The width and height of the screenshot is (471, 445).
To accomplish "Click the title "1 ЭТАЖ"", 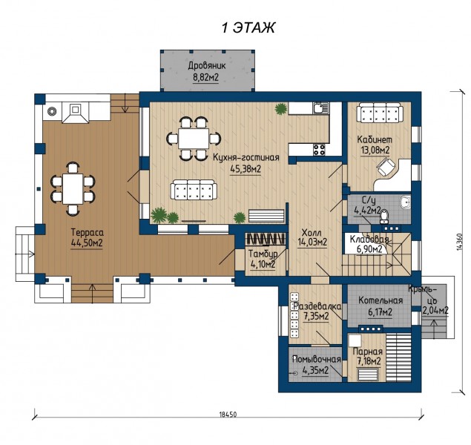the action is (x=248, y=28).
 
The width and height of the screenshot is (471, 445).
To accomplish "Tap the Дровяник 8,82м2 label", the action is (x=206, y=71).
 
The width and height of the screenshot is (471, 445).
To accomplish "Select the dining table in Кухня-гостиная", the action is (x=194, y=139).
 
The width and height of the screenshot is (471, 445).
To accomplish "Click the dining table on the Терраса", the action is (x=73, y=189).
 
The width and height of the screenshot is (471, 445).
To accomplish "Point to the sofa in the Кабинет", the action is (x=379, y=113).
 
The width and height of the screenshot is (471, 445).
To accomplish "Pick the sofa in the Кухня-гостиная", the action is (x=194, y=190).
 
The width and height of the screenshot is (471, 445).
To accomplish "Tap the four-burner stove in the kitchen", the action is (x=319, y=150).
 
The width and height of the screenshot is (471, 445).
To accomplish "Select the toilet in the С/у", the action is (x=384, y=216).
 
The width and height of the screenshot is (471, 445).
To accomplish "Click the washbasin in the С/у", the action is (x=405, y=202).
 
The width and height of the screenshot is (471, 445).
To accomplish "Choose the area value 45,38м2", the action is (x=246, y=169).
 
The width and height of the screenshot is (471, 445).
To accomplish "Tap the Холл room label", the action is (x=312, y=233).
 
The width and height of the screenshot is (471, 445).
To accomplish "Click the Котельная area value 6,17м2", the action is (x=381, y=312).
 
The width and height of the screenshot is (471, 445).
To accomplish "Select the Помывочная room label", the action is (x=317, y=359).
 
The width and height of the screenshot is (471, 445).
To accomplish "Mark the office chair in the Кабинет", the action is (x=386, y=167).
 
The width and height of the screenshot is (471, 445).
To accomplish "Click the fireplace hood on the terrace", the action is (x=76, y=113).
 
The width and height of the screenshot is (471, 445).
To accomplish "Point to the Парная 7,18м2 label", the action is (x=368, y=357).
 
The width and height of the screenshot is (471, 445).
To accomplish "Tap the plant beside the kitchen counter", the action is (x=280, y=109).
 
